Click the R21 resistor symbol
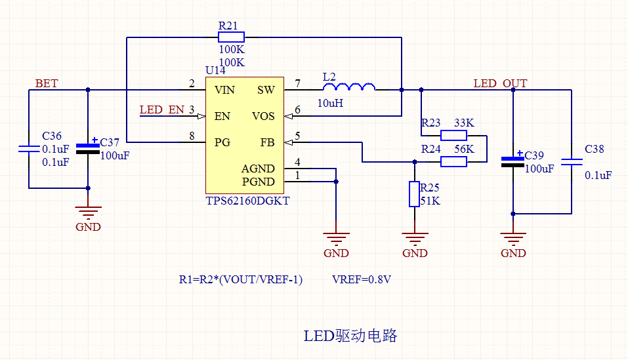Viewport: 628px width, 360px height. click(231, 37)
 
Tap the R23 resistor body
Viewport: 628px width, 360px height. click(453, 136)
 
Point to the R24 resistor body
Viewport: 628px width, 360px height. click(453, 161)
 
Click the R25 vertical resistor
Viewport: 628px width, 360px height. click(414, 194)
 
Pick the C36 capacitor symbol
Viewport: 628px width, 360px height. click(29, 149)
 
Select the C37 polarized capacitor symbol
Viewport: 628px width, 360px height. click(88, 147)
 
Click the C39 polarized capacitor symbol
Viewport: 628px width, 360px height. click(513, 161)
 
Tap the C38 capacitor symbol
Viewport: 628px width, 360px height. click(572, 161)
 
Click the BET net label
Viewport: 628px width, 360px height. click(46, 83)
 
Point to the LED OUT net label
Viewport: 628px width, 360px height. click(500, 83)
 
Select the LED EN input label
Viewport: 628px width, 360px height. click(161, 110)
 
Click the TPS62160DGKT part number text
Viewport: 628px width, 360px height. click(247, 201)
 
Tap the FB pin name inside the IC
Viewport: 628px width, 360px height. click(267, 142)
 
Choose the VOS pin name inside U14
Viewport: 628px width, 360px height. click(263, 116)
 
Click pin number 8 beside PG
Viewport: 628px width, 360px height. click(192, 136)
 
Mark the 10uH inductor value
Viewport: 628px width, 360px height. click(330, 103)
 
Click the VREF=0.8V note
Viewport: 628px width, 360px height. click(362, 279)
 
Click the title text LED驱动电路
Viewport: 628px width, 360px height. click(350, 336)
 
